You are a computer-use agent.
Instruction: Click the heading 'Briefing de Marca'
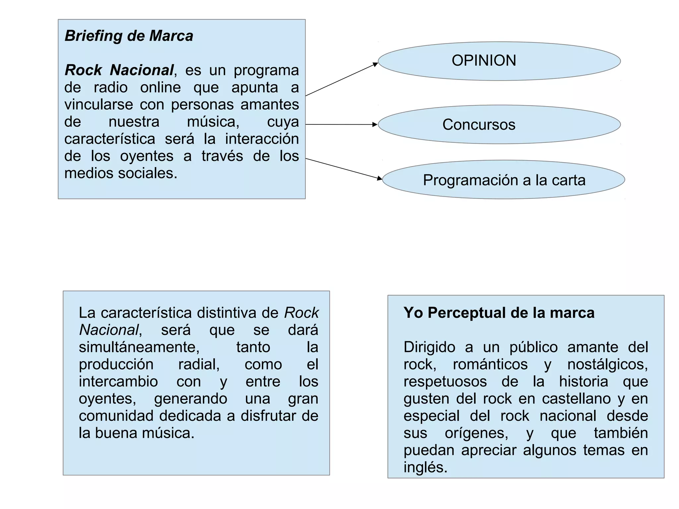(129, 36)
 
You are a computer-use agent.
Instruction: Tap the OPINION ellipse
(499, 61)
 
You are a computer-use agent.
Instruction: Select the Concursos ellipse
(499, 124)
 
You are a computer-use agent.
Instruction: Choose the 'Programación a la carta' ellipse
(503, 180)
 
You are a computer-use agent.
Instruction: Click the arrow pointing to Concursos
(341, 124)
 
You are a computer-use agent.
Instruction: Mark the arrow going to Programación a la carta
(343, 169)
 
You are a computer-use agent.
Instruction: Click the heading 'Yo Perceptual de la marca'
(499, 313)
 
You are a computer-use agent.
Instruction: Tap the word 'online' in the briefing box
(160, 88)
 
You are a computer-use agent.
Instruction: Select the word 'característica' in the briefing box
(110, 139)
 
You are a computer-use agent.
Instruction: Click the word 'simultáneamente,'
(139, 347)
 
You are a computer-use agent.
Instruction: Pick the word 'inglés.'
(425, 468)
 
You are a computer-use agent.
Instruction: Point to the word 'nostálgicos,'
(607, 364)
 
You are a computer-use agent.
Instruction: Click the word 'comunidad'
(116, 416)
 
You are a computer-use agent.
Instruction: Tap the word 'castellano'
(576, 399)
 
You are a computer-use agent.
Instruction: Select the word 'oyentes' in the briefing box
(147, 156)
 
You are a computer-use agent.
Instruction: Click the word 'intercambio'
(118, 381)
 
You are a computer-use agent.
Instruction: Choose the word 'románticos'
(490, 364)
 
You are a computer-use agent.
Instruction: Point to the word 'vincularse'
(98, 105)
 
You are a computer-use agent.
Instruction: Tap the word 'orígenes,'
(476, 433)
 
